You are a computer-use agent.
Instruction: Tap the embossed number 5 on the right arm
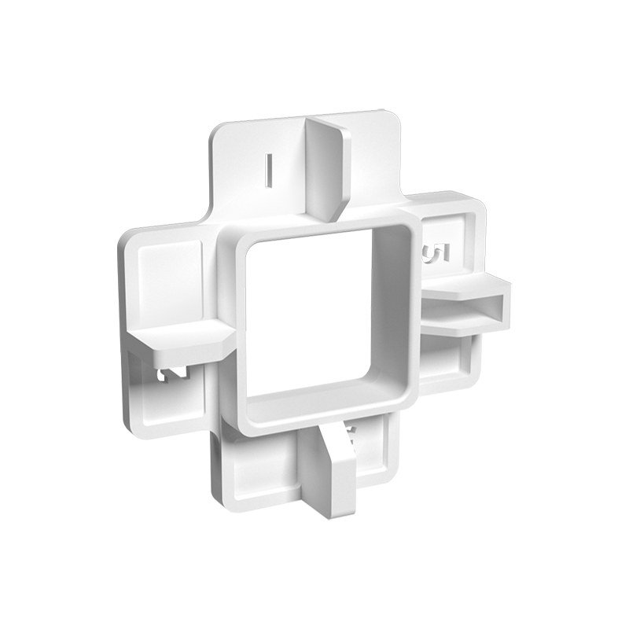(435, 254)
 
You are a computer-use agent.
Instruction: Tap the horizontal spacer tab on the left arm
(178, 338)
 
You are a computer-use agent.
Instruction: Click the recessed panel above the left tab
(168, 278)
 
